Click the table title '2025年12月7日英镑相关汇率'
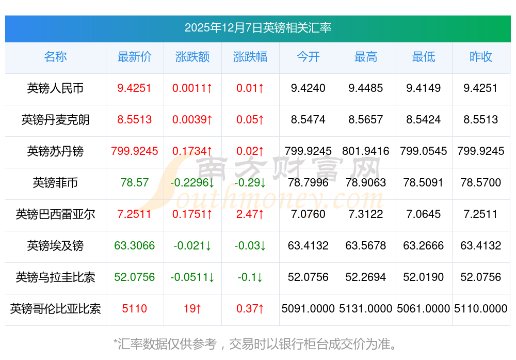pos(258,28)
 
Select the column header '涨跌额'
pos(192,57)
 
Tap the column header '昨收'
pos(481,57)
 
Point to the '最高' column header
pos(366,57)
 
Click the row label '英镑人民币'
pos(55,88)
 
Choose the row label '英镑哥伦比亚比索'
pos(55,309)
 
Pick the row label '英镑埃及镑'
pos(55,246)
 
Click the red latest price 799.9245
pos(135,151)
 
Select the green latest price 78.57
pos(135,183)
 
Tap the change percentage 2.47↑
pos(250,214)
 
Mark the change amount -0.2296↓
pos(192,183)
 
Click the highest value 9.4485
pos(366,88)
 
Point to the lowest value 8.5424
pos(424,120)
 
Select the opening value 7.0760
pos(308,214)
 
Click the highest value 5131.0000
pos(366,309)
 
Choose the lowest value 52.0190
pos(424,277)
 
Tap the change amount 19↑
pos(192,309)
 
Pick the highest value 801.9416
pos(366,151)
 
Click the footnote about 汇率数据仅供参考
pos(257,343)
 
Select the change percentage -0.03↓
pos(250,246)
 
